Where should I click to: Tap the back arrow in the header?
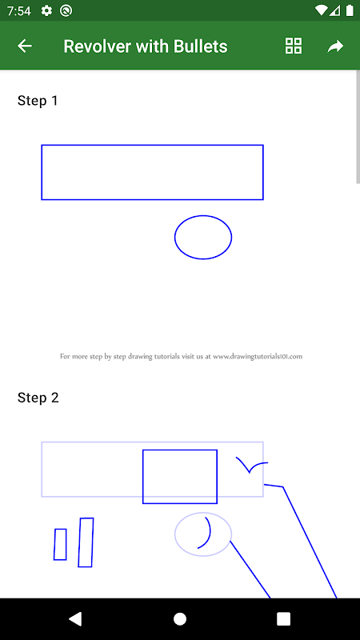tap(25, 46)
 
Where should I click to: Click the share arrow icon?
tap(335, 46)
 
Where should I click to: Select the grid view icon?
tap(294, 46)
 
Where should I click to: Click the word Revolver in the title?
tap(98, 46)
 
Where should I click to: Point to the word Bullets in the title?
tap(201, 46)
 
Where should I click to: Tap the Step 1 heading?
tap(38, 101)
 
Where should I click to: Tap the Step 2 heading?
tap(38, 398)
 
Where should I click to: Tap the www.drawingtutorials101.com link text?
tap(258, 356)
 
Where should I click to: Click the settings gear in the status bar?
tap(46, 10)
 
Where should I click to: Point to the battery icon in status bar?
tap(350, 10)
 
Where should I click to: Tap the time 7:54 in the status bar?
tap(18, 11)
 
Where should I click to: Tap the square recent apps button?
tap(283, 618)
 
